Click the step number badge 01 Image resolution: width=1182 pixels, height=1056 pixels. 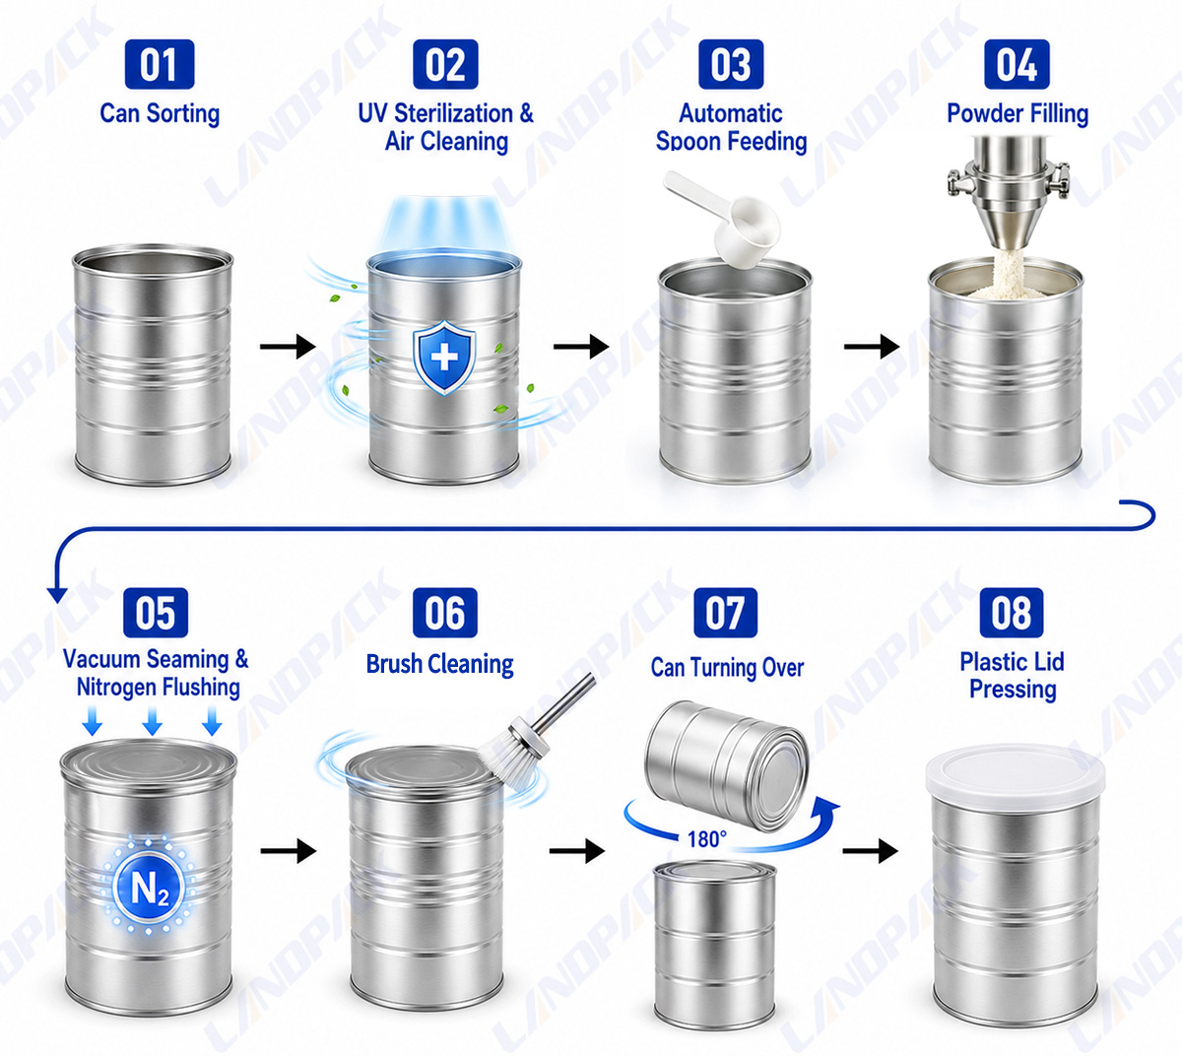[160, 64]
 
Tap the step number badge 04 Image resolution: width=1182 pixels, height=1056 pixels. [1017, 64]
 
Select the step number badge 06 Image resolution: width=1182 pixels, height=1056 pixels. [444, 613]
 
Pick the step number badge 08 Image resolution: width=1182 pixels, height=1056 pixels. [1011, 613]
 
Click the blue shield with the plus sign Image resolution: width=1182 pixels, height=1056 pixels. [444, 357]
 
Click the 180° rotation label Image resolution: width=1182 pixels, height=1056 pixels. [706, 839]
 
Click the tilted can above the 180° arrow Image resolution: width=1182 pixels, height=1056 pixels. [726, 765]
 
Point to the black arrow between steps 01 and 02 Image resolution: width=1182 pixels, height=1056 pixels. [288, 347]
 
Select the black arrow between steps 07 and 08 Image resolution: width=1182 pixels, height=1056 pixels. [871, 851]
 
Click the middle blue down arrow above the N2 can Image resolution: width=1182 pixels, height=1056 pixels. [152, 721]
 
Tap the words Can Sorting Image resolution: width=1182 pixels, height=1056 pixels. [160, 113]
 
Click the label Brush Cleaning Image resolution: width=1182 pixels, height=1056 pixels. [440, 664]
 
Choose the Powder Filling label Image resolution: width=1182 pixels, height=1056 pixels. [1018, 113]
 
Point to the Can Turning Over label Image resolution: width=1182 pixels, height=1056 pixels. [727, 668]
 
